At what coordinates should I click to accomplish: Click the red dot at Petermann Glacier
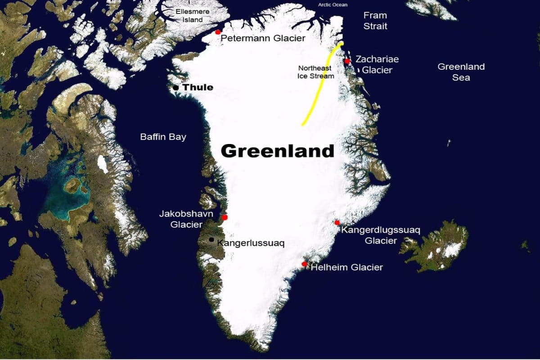pos(218,32)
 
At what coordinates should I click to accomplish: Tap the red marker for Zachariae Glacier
pos(347,61)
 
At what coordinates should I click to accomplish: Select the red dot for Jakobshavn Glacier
pos(225,217)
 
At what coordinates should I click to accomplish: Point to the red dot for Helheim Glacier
pos(305,264)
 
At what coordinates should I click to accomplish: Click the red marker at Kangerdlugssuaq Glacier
pos(337,222)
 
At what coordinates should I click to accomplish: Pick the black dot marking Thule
pos(175,87)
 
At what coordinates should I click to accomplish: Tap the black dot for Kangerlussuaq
pos(211,240)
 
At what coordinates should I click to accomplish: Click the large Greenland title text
pos(277,151)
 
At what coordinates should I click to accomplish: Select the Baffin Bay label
pos(163,137)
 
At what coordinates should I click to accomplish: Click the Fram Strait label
pos(375,21)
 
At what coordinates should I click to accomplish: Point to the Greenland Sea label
pos(461,72)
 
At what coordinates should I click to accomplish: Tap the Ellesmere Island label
pos(189,15)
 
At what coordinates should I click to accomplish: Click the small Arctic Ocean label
pos(333,4)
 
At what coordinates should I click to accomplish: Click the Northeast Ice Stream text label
pos(315,72)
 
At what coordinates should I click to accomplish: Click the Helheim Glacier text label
pos(346,267)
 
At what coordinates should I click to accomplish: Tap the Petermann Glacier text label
pos(263,38)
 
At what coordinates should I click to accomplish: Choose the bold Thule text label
pos(198,87)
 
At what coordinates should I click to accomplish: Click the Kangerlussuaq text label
pos(251,243)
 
